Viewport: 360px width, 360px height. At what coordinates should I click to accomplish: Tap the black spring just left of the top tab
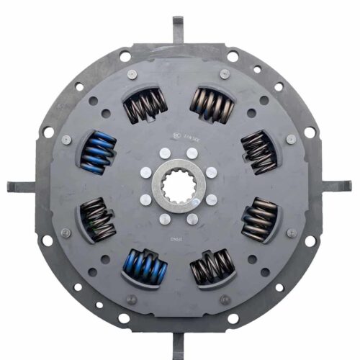coord(145,105)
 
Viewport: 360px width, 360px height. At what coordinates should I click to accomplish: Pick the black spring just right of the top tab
coord(212,105)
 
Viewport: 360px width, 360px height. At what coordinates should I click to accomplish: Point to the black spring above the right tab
coord(258,151)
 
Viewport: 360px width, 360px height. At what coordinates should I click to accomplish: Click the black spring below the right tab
coord(258,219)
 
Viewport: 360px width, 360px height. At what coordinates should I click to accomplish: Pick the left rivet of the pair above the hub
coord(166,153)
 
